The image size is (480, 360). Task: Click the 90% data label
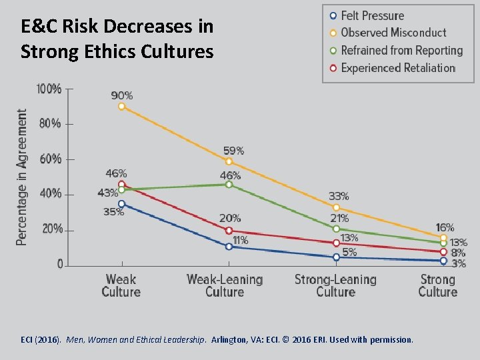pos(121,95)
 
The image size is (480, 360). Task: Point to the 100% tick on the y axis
pos(49,89)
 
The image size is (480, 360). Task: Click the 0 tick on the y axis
pos(60,265)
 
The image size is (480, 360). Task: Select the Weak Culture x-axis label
pos(121,285)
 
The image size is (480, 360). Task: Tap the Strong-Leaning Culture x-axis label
pos(335,285)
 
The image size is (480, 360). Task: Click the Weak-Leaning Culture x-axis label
pos(225,285)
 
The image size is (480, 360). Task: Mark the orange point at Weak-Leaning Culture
pos(229,161)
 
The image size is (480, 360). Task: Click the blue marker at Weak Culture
pos(121,203)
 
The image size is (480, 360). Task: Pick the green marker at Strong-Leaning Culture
pos(336,229)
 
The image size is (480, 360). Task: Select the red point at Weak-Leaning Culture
pos(229,231)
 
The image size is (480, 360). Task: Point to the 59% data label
pos(233,151)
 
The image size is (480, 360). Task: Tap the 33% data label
pos(339,196)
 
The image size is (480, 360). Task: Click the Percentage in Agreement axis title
pos(22,177)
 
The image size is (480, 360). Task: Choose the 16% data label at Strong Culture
pos(445,227)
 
